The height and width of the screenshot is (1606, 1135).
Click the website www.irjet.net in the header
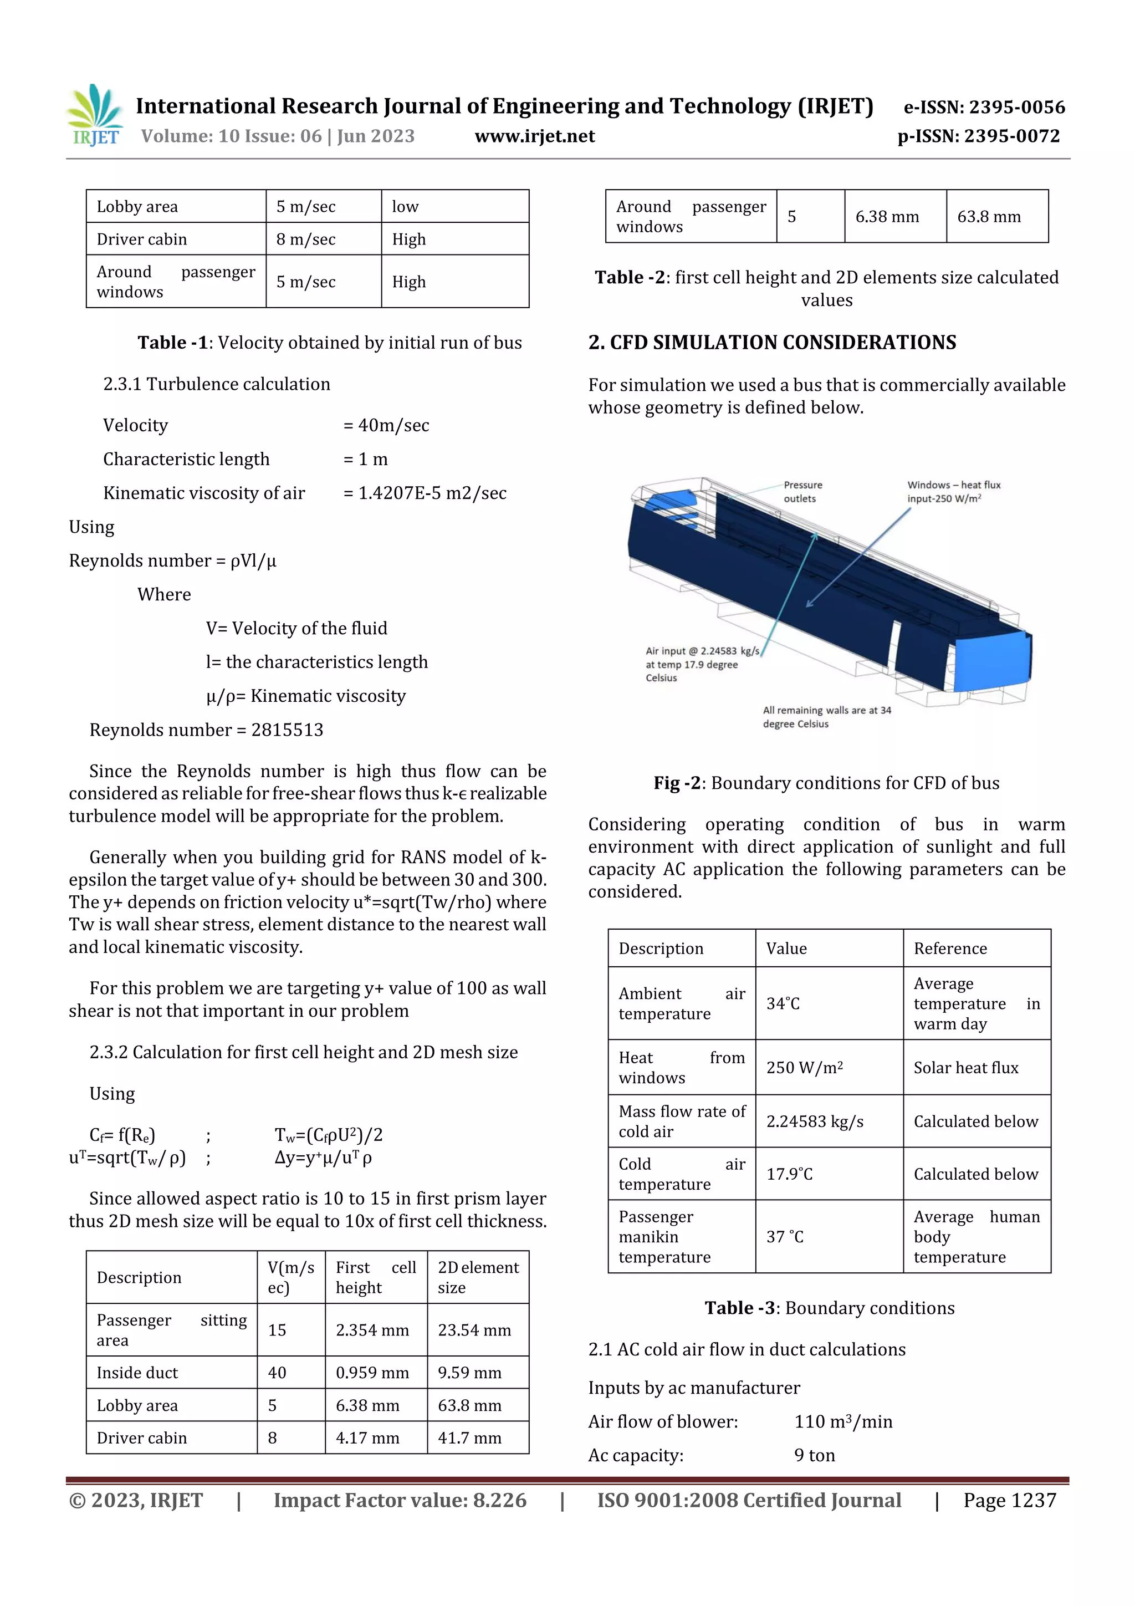tap(534, 136)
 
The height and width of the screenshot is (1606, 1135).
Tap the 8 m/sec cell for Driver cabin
tap(305, 239)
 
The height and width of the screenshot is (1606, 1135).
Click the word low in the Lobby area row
tap(405, 206)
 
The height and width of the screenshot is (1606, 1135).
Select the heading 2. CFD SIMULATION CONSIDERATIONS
tap(772, 342)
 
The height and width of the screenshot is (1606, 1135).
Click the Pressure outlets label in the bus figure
tap(802, 492)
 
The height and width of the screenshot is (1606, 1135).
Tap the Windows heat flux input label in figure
tap(953, 492)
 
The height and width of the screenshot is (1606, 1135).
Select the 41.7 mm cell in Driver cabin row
tap(469, 1437)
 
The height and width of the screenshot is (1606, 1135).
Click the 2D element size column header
tap(478, 1277)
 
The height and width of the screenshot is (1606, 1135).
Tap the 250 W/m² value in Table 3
tap(804, 1067)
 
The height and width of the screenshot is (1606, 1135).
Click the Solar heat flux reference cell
tap(965, 1067)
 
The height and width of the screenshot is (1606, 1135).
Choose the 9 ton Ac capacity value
tap(814, 1455)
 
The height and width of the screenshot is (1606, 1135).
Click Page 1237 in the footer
tap(1009, 1500)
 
